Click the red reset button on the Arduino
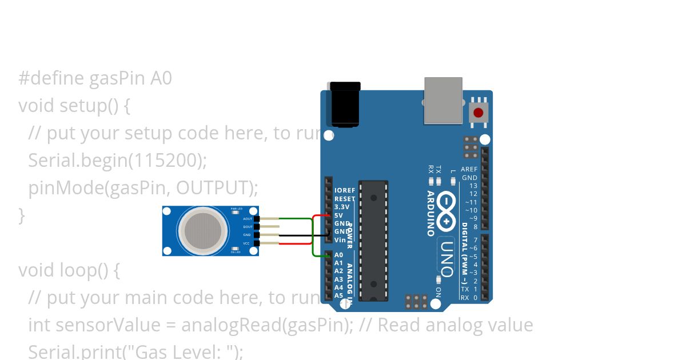478,113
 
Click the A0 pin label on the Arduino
338,255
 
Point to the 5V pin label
338,215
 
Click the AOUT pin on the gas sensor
257,219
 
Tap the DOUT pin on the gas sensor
257,227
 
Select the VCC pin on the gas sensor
257,243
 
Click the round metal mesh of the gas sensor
199,231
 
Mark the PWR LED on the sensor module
236,209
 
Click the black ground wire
297,235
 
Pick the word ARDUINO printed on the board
430,213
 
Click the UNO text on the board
447,259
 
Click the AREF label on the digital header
469,170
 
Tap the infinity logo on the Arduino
446,209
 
